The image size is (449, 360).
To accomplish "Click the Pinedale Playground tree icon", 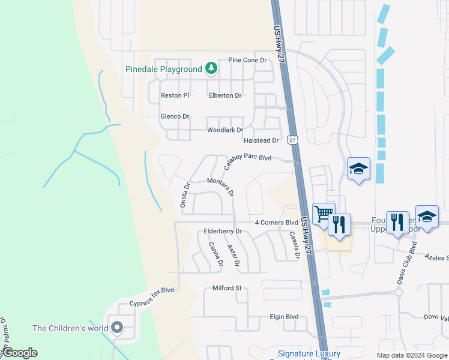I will [211, 68].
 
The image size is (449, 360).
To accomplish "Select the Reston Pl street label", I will [175, 95].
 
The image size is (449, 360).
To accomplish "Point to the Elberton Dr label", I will [224, 95].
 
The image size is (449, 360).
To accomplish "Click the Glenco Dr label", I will [175, 116].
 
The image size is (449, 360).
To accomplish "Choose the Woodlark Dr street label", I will [224, 130].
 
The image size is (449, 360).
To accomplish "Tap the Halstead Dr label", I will [261, 140].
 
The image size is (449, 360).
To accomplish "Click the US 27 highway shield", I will [292, 140].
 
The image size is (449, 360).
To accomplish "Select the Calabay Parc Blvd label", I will [247, 159].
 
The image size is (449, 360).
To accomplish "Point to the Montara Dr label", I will [220, 187].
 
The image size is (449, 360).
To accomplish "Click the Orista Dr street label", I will [185, 196].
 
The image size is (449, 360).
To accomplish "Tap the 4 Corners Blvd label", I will [276, 223].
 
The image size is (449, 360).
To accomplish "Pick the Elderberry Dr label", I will [222, 231].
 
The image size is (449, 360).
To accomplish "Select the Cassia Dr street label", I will [294, 245].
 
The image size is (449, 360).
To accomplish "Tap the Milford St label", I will [227, 288].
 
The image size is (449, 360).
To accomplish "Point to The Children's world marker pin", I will [116, 328].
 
